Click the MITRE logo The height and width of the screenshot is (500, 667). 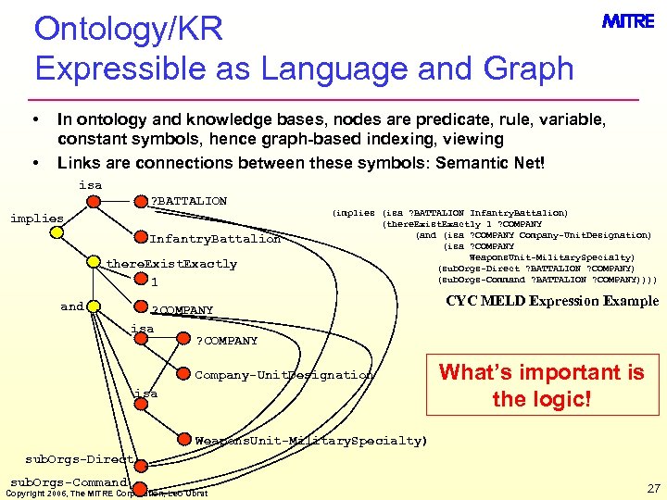[x=628, y=21]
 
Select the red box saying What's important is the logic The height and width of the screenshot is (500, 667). [x=541, y=385]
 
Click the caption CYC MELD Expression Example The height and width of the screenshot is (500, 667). [x=552, y=301]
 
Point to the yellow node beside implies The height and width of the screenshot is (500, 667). [x=57, y=232]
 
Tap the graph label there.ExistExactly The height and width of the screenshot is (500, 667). [x=171, y=264]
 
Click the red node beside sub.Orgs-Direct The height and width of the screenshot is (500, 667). [x=139, y=458]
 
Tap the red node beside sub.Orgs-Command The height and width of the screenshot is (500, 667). [x=138, y=486]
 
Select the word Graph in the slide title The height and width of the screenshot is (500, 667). [x=529, y=68]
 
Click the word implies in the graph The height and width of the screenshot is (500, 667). [x=36, y=219]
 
